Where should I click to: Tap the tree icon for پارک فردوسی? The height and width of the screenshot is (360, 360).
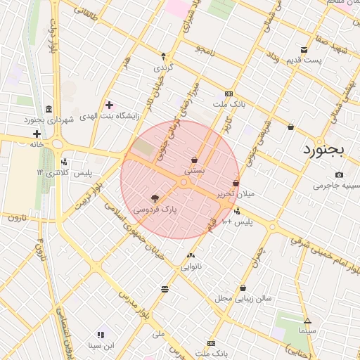pyautogui.click(x=155, y=199)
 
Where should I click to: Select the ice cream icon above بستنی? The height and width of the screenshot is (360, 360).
pyautogui.click(x=194, y=160)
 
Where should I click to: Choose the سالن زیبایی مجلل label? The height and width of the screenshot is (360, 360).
pyautogui.click(x=243, y=298)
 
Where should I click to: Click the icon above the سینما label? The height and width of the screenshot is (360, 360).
pyautogui.click(x=307, y=321)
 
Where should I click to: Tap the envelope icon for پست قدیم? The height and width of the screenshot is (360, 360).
pyautogui.click(x=304, y=50)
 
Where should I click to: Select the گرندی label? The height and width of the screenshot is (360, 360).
pyautogui.click(x=163, y=67)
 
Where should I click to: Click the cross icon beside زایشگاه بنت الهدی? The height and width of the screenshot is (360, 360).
pyautogui.click(x=109, y=105)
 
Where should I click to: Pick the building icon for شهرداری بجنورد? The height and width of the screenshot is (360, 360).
pyautogui.click(x=48, y=109)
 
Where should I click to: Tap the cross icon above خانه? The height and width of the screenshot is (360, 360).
pyautogui.click(x=37, y=134)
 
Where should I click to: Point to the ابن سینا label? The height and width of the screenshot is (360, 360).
pyautogui.click(x=101, y=345)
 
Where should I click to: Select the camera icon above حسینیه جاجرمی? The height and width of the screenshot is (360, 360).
pyautogui.click(x=340, y=174)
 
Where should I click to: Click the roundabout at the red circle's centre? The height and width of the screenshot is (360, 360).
pyautogui.click(x=184, y=182)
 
